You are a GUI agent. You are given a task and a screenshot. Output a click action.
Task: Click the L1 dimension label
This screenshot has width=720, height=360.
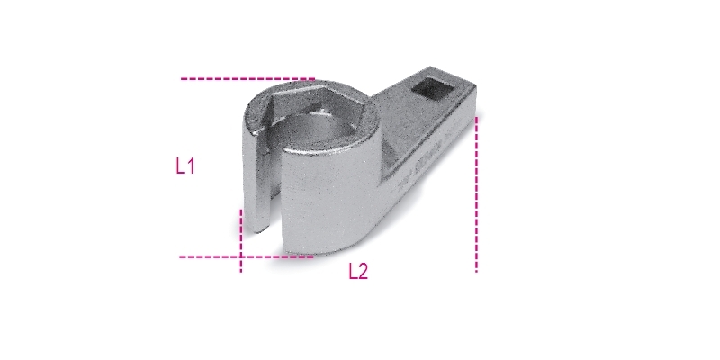[x=185, y=166]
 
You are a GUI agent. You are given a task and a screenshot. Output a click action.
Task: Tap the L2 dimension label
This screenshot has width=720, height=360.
[x=358, y=272]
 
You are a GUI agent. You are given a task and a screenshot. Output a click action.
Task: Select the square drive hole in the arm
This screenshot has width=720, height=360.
[x=433, y=90]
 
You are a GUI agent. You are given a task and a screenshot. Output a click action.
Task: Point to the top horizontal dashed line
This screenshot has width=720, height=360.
[x=248, y=79]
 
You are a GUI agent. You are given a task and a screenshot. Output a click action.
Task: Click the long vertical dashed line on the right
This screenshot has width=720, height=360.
[x=476, y=194]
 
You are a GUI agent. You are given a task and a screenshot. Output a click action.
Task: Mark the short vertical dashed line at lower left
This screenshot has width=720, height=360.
[x=240, y=240]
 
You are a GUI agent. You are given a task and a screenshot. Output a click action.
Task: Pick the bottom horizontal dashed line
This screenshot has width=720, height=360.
[x=247, y=256]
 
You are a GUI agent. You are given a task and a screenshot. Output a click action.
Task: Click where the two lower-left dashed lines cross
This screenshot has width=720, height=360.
[x=240, y=256]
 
